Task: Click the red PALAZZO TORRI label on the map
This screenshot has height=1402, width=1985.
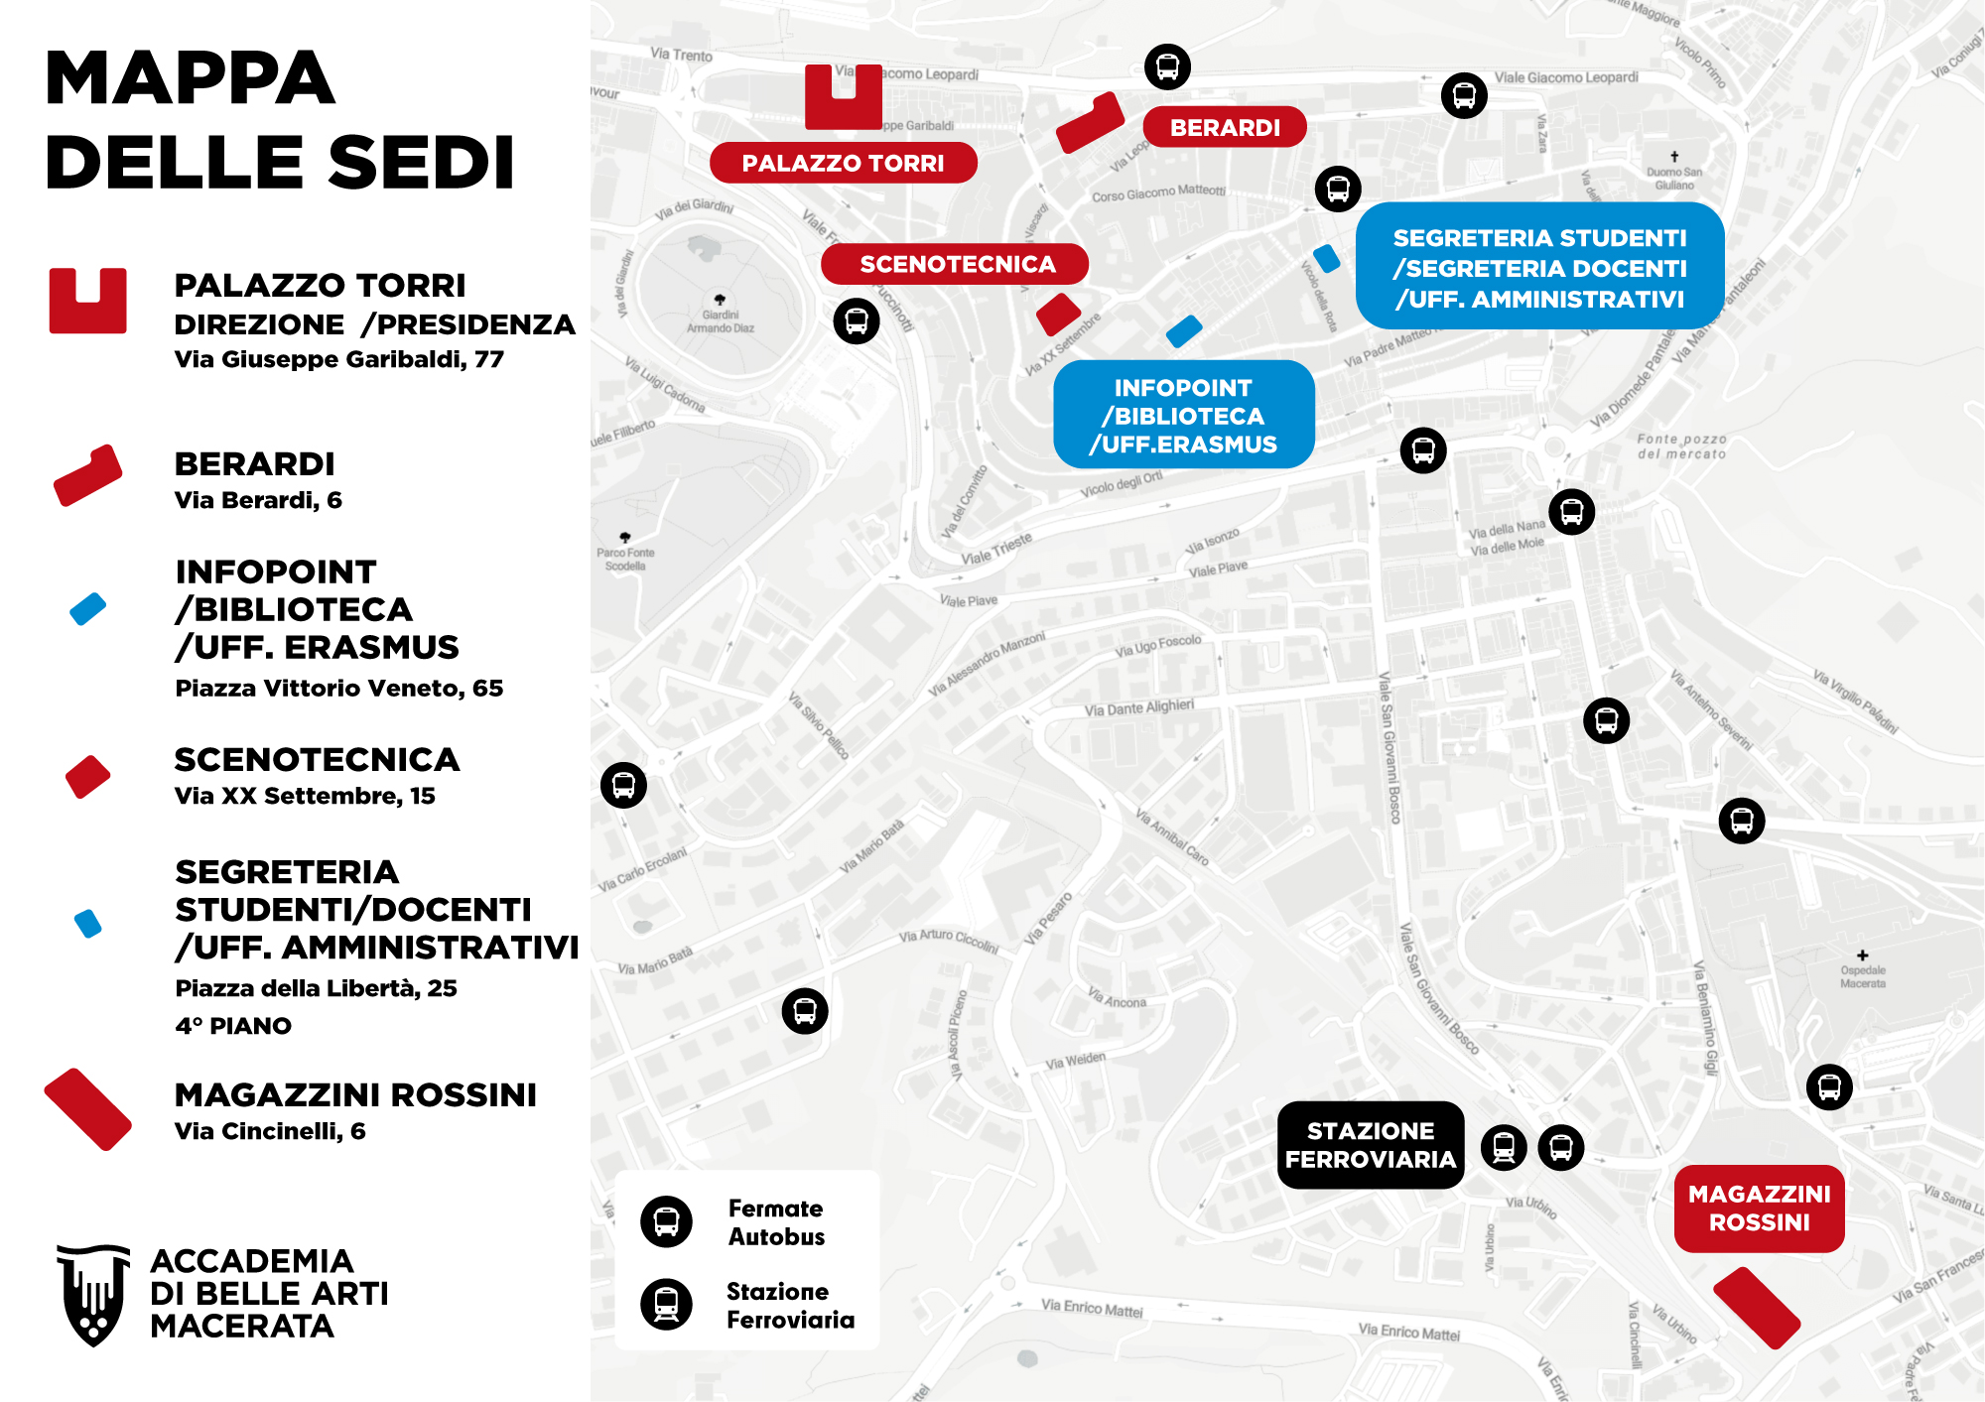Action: [x=843, y=163]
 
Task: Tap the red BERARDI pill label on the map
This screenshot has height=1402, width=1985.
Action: [x=1224, y=127]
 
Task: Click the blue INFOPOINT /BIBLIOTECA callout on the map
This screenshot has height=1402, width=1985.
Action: [x=1183, y=415]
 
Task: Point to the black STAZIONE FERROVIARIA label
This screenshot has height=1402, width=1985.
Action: [x=1370, y=1145]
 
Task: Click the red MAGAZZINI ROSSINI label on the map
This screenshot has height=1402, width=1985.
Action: [x=1759, y=1208]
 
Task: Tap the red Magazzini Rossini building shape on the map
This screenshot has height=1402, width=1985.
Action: [x=1756, y=1308]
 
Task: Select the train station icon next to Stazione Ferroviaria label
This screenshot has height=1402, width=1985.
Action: [x=1504, y=1147]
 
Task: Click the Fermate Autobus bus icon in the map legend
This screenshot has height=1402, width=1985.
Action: [x=666, y=1221]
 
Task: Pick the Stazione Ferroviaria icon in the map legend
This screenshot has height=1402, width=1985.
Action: [x=666, y=1304]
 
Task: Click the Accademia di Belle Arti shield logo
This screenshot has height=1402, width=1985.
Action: [x=93, y=1294]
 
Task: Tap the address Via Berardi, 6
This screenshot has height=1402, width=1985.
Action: [x=258, y=500]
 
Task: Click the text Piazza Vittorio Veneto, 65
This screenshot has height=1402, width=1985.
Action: [x=338, y=688]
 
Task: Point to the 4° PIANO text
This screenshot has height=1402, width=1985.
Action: [x=233, y=1026]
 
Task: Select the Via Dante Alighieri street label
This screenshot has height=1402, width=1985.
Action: [x=1138, y=707]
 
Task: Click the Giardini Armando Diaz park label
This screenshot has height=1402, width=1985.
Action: [x=721, y=320]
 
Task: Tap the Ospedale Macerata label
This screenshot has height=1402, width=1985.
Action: [x=1862, y=976]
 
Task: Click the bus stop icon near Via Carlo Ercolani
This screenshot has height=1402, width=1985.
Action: [x=623, y=785]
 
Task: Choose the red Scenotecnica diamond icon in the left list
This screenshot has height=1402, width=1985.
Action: [x=87, y=776]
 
